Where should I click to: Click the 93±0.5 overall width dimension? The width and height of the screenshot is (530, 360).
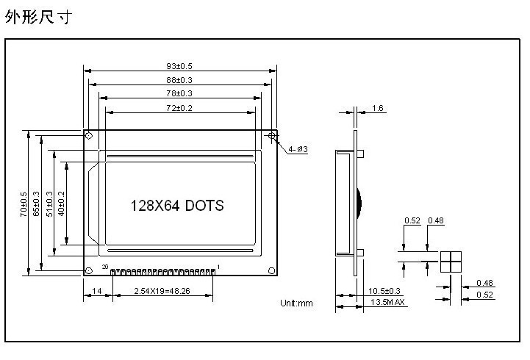coord(179,67)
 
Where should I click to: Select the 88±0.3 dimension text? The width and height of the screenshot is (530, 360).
coord(179,80)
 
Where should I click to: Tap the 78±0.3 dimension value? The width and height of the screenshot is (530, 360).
coord(179,93)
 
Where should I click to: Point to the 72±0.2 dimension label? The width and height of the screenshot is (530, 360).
coord(179,107)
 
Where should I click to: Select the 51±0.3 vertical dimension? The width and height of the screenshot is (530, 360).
coord(49,204)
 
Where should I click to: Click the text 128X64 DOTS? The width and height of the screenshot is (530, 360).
coord(176,206)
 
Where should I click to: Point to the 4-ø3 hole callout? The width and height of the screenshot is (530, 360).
coord(298,149)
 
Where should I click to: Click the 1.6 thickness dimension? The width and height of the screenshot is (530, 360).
coord(378,108)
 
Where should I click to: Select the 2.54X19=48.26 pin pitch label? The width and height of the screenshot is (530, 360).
coord(162,292)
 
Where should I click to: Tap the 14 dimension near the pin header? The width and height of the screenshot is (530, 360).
coord(97,292)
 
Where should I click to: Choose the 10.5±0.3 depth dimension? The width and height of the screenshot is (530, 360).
coord(384,292)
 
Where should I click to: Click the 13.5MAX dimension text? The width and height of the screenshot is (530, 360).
coord(388,303)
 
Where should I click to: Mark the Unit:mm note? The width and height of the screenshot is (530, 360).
coord(296,303)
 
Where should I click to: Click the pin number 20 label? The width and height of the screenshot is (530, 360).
coord(105,266)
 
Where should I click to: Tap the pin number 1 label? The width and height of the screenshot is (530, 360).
coord(218,266)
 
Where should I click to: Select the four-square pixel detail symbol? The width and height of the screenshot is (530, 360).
coord(451,262)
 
